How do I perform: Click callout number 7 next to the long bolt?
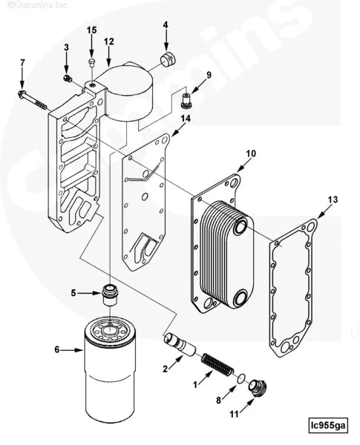pyautogui.click(x=22, y=62)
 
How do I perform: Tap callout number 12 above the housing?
pyautogui.click(x=109, y=42)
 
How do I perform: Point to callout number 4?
pyautogui.click(x=166, y=24)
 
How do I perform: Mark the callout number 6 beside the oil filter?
pyautogui.click(x=56, y=349)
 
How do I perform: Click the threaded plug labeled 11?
pyautogui.click(x=258, y=388)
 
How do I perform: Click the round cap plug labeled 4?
pyautogui.click(x=170, y=59)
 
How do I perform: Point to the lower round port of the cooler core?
pyautogui.click(x=242, y=298)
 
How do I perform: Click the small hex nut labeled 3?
pyautogui.click(x=68, y=78)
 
